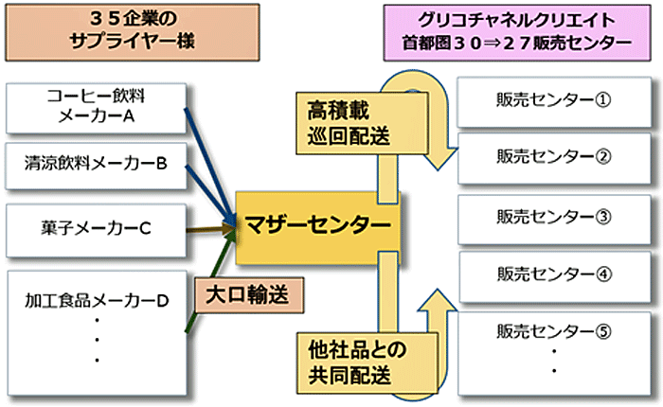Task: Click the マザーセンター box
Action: pyautogui.click(x=316, y=225)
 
